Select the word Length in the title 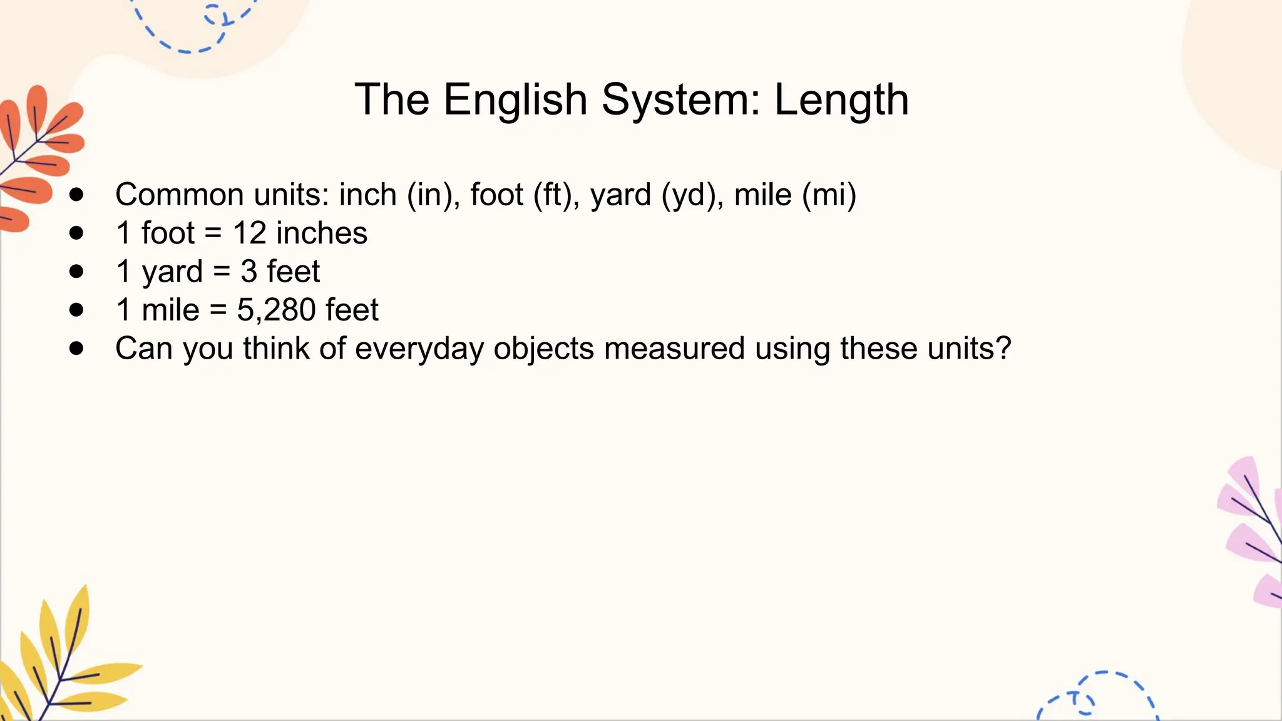(x=841, y=100)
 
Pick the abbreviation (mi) (x=829, y=195)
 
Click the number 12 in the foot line (x=250, y=233)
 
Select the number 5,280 (x=276, y=310)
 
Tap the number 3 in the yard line (x=249, y=272)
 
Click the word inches (x=322, y=233)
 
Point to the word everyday (x=419, y=349)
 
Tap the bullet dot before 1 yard (x=76, y=272)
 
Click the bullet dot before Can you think (x=76, y=349)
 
